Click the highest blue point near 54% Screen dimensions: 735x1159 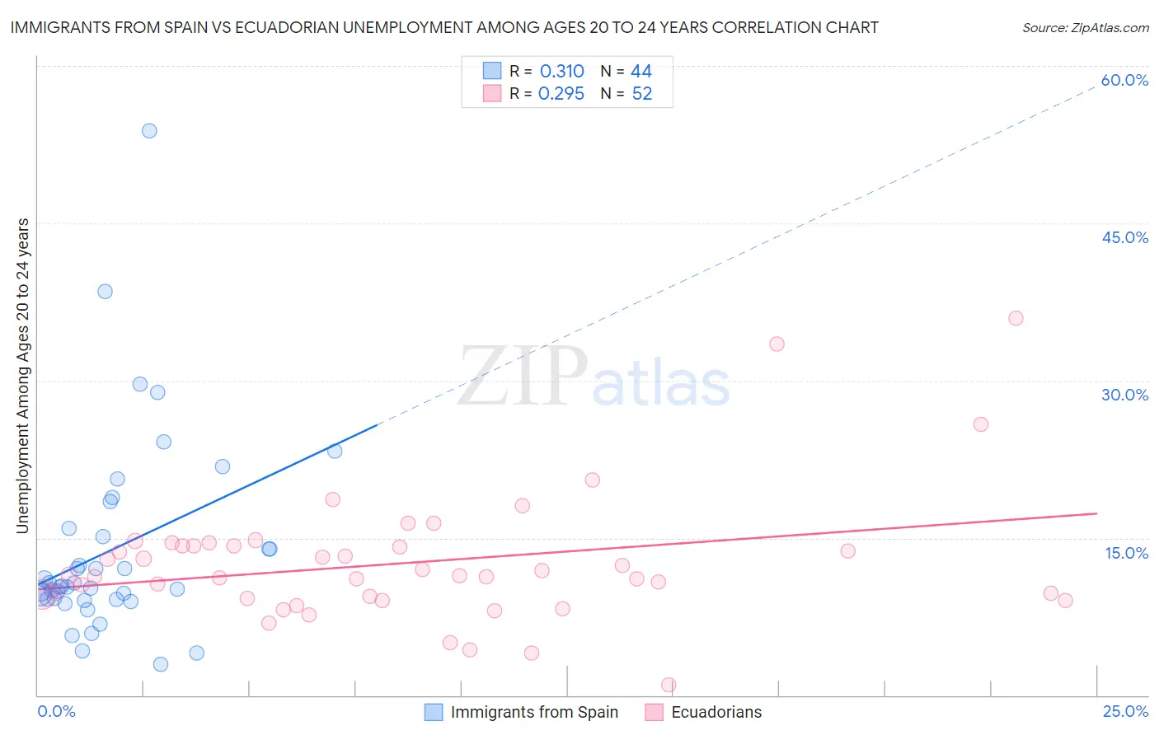pyautogui.click(x=149, y=131)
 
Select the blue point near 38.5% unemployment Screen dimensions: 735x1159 pyautogui.click(x=105, y=292)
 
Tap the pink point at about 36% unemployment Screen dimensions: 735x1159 pyautogui.click(x=1016, y=319)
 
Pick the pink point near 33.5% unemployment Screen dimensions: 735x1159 pyautogui.click(x=777, y=344)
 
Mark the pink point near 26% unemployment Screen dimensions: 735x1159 pyautogui.click(x=981, y=424)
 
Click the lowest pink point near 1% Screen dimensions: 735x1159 pyautogui.click(x=669, y=685)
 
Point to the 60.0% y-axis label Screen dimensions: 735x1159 pyautogui.click(x=1124, y=80)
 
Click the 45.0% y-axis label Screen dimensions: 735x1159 pyautogui.click(x=1124, y=237)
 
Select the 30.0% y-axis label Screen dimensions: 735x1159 pyautogui.click(x=1124, y=395)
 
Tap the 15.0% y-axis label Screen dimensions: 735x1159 pyautogui.click(x=1126, y=553)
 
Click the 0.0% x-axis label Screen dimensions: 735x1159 pyautogui.click(x=56, y=711)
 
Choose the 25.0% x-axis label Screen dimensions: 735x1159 pyautogui.click(x=1125, y=711)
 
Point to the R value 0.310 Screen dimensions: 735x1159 pyautogui.click(x=561, y=72)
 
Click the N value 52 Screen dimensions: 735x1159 pyautogui.click(x=641, y=94)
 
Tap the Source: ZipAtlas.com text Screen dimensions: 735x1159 pyautogui.click(x=1085, y=28)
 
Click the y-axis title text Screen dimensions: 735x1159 pyautogui.click(x=23, y=376)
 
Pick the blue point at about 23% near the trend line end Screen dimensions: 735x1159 pyautogui.click(x=335, y=451)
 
